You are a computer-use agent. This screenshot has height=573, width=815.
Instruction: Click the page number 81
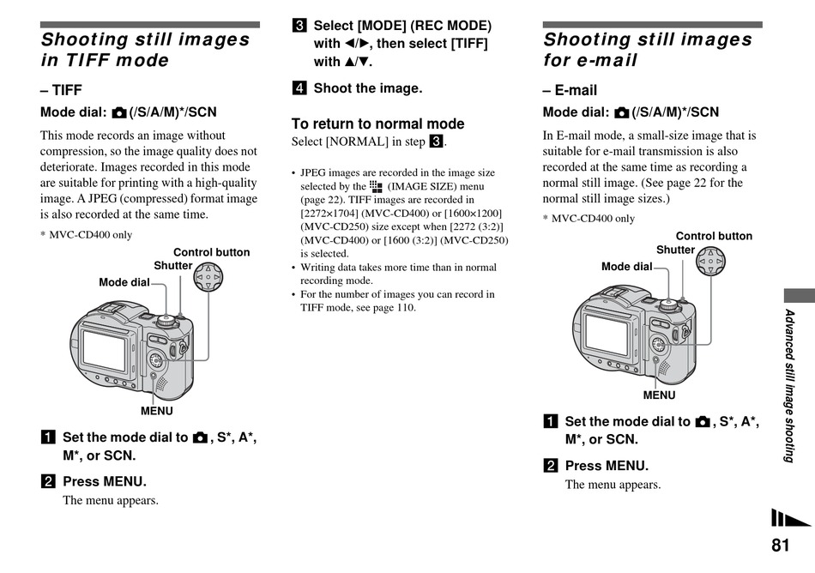tap(780, 546)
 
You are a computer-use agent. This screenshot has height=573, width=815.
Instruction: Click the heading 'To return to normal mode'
tap(377, 124)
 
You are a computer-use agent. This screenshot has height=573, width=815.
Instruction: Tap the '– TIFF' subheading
tap(61, 90)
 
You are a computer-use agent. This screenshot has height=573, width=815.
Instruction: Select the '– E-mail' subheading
tap(570, 90)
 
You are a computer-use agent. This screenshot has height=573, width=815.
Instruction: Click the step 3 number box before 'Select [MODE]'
tap(299, 26)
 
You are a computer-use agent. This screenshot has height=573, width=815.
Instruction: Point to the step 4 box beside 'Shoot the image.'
tap(299, 87)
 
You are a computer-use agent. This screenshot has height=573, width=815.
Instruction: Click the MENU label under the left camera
tap(157, 411)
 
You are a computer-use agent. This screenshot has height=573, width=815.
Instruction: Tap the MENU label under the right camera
tap(659, 395)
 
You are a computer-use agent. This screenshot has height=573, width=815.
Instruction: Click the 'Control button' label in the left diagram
tap(211, 252)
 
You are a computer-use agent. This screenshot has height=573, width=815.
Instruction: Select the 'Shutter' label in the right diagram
tap(675, 250)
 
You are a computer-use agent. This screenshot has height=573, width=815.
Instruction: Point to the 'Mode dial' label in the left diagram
tap(124, 282)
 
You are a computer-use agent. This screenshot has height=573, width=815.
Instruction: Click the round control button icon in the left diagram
tap(208, 277)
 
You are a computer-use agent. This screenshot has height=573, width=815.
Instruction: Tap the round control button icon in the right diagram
tap(710, 260)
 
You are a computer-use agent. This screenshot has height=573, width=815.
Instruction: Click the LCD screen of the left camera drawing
tap(103, 348)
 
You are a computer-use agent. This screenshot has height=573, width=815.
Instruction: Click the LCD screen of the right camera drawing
tap(606, 333)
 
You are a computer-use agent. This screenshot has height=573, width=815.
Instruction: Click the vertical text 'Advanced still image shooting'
tap(789, 385)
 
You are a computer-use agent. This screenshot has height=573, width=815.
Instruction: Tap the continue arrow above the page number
tap(789, 518)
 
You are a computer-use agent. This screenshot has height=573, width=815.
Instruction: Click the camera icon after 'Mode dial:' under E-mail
tap(621, 113)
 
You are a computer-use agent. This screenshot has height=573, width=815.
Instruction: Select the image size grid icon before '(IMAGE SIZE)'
tap(376, 185)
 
